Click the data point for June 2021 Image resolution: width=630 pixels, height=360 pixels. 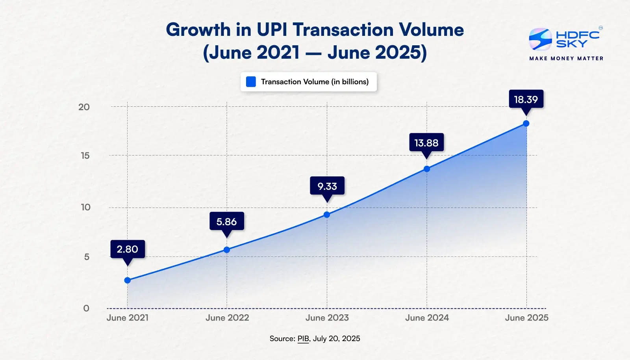tap(128, 280)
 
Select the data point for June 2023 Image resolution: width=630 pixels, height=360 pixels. tap(327, 215)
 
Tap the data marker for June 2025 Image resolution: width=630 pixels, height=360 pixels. tap(526, 124)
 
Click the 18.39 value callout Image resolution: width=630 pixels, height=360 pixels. tap(526, 99)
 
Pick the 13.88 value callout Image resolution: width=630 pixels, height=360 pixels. tap(426, 143)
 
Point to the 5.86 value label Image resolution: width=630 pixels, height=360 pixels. tap(227, 221)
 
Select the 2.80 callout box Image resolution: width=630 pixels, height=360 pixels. tap(128, 249)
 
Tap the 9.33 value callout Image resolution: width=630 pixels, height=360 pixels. tap(327, 186)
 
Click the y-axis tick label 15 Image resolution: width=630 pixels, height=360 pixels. tap(85, 156)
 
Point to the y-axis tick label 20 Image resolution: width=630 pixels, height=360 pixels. tap(84, 107)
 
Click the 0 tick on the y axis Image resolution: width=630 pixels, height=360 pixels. tap(86, 308)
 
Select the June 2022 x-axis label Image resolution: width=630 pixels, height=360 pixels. tap(227, 318)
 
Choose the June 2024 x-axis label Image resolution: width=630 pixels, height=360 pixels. tap(427, 318)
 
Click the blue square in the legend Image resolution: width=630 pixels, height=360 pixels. tap(251, 82)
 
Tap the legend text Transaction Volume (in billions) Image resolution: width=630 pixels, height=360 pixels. tap(315, 82)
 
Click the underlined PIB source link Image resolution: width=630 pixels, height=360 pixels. tap(303, 339)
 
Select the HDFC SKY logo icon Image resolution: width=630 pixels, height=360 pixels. tap(540, 39)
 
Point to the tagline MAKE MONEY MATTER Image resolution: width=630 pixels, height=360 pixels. tap(566, 58)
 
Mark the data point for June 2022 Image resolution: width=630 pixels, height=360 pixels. tap(227, 250)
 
